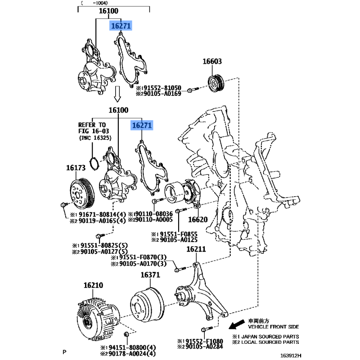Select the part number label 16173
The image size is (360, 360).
pyautogui.click(x=76, y=168)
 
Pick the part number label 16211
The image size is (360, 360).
pyautogui.click(x=196, y=249)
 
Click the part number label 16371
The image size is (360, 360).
pyautogui.click(x=150, y=275)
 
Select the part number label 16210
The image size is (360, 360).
pyautogui.click(x=93, y=285)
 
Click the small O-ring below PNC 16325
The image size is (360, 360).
pyautogui.click(x=93, y=163)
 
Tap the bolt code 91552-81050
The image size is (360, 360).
pyautogui.click(x=162, y=88)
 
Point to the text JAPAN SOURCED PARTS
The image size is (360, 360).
pyautogui.click(x=269, y=337)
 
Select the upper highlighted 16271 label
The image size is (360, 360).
pyautogui.click(x=121, y=26)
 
